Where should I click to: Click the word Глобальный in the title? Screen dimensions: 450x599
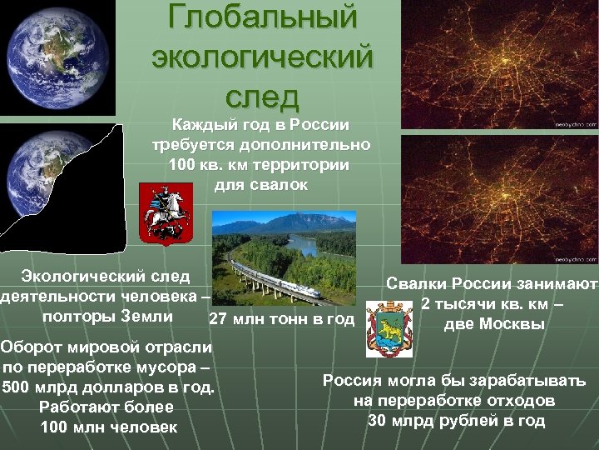point(262,17)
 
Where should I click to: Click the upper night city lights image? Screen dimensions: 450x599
point(499,62)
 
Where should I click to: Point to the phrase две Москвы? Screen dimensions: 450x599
point(493,323)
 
